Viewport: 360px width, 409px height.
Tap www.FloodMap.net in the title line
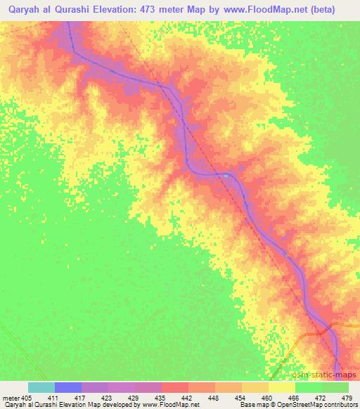click(276, 10)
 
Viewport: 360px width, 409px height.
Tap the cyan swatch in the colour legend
click(41, 387)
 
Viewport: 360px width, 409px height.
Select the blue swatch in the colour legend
click(68, 387)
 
